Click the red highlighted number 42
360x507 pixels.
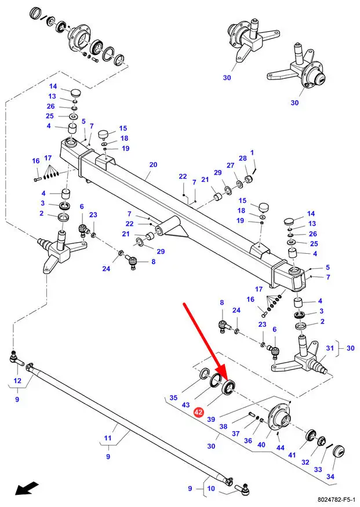tap(198, 412)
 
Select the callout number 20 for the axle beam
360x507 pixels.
tap(153, 165)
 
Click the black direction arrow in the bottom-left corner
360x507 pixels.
tap(27, 488)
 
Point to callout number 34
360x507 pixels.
tap(330, 476)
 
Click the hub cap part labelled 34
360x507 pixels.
tap(339, 451)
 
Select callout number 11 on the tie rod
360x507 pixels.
tap(108, 438)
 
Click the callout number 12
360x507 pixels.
tap(17, 381)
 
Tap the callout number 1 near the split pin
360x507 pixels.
tap(252, 152)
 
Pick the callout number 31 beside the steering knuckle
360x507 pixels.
tap(330, 348)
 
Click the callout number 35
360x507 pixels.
tap(174, 397)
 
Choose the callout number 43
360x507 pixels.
tap(186, 405)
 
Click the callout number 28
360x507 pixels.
tap(242, 158)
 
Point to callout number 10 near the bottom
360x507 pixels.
tap(211, 488)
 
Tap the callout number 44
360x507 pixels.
tap(281, 447)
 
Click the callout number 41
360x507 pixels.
tap(292, 455)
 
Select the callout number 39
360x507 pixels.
tap(211, 419)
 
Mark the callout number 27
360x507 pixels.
tap(230, 165)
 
